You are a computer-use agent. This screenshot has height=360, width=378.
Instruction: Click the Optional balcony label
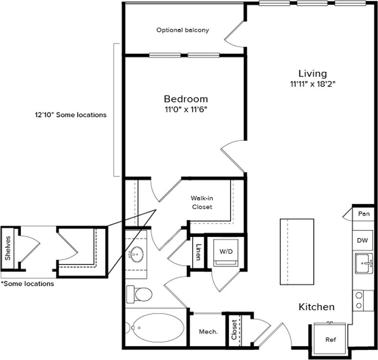coord(183,30)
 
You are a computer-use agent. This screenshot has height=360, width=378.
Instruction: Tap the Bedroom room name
coord(186,99)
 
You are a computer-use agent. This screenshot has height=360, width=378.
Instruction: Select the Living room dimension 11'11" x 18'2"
coord(312,84)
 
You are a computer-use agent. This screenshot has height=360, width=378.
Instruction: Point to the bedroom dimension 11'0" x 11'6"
coord(186,110)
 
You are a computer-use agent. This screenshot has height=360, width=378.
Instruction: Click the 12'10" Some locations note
coord(71,115)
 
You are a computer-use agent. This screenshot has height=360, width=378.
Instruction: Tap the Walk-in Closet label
coord(201,202)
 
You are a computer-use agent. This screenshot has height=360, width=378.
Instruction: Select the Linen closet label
coord(198,252)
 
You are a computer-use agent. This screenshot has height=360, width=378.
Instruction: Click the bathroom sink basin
coord(136,253)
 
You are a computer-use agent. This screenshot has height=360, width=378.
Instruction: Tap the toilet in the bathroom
coord(140,294)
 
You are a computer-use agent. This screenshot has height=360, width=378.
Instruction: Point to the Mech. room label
coord(208,332)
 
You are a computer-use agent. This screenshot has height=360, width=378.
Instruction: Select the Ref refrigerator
coord(330,339)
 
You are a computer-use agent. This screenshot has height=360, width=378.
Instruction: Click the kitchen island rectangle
coord(297,252)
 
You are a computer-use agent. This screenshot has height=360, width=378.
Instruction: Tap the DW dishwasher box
coord(363,240)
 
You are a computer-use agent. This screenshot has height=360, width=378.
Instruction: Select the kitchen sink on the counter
coord(364,263)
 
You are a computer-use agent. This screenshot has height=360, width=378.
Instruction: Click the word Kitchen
coord(316,307)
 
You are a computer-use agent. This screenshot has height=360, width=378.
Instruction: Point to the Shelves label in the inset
coord(8,248)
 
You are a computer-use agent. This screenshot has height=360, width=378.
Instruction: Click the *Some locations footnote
coord(27,284)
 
